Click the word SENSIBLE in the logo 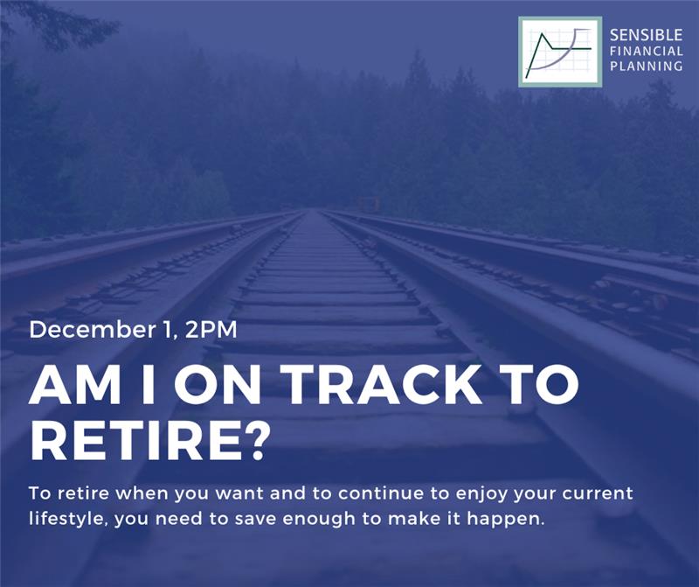tap(646, 35)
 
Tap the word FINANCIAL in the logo tap(646, 51)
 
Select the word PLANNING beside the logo tap(646, 66)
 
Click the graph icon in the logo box tap(560, 52)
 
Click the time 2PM tap(211, 330)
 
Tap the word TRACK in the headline tap(384, 385)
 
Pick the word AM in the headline tap(73, 385)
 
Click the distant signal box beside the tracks tap(369, 204)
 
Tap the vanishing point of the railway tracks tap(313, 210)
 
